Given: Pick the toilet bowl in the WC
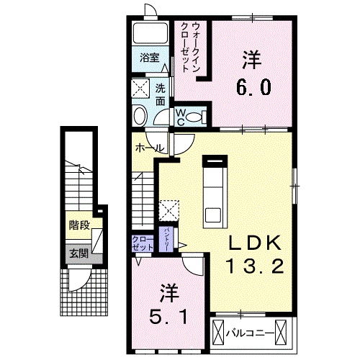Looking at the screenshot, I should coord(199,115).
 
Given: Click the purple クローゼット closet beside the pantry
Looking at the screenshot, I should coord(143,242).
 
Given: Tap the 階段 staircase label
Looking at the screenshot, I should coord(79,225).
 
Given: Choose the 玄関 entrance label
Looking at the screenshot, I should coord(79,253).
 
